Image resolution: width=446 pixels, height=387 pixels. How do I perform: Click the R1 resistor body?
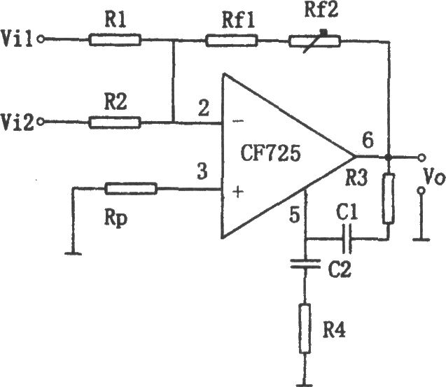click(115, 40)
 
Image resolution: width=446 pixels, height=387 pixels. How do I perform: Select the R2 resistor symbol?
click(115, 122)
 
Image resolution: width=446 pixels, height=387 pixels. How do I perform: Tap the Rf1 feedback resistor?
click(232, 41)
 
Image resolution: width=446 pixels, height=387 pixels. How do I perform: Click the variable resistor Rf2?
click(315, 41)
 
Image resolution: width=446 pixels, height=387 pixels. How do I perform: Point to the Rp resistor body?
click(131, 188)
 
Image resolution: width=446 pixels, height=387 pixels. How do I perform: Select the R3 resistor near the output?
click(389, 199)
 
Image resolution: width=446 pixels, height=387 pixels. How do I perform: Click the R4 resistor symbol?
click(305, 328)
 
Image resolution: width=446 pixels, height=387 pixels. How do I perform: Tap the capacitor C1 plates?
click(347, 239)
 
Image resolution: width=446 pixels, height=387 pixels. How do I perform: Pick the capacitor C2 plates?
click(305, 264)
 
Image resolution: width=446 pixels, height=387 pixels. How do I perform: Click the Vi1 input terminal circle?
click(41, 39)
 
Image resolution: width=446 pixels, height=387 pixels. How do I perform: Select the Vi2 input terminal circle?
click(41, 122)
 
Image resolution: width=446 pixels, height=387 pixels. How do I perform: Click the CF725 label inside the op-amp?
click(270, 153)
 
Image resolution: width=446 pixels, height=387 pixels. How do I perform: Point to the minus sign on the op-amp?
click(238, 121)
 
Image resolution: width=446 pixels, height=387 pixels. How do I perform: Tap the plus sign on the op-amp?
click(238, 192)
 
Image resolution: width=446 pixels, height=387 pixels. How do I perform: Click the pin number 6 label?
click(368, 140)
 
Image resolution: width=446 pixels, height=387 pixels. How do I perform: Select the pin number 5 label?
click(294, 215)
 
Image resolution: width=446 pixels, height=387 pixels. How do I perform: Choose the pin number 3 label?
click(202, 171)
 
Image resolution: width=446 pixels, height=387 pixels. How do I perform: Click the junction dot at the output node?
click(387, 157)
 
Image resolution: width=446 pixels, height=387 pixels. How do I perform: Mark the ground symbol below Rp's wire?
click(74, 253)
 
